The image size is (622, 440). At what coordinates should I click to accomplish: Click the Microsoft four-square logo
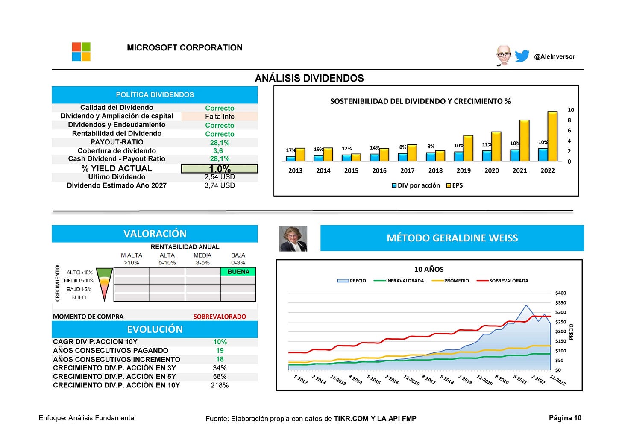pyautogui.click(x=81, y=52)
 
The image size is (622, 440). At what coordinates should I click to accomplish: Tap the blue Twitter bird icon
pyautogui.click(x=522, y=56)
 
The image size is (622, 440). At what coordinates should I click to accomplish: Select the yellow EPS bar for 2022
pyautogui.click(x=552, y=136)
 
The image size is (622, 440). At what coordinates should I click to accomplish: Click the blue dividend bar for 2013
pyautogui.click(x=290, y=158)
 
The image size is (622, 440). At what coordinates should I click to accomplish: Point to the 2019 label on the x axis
pyautogui.click(x=464, y=170)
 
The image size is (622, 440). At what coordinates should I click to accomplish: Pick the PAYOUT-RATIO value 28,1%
pyautogui.click(x=220, y=143)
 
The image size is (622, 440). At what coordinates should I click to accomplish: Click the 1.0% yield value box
pyautogui.click(x=220, y=169)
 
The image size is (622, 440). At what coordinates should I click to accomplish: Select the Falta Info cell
pyautogui.click(x=220, y=117)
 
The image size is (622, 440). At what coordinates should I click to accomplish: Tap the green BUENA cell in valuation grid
pyautogui.click(x=238, y=272)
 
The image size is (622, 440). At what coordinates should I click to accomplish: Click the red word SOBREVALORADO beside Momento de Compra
pyautogui.click(x=220, y=317)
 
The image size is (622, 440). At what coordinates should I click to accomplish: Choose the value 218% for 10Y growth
pyautogui.click(x=220, y=385)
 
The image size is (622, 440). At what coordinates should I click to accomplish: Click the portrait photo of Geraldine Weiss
pyautogui.click(x=293, y=238)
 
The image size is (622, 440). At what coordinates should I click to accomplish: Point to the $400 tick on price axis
pyautogui.click(x=560, y=293)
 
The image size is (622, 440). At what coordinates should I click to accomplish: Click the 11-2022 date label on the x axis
pyautogui.click(x=557, y=380)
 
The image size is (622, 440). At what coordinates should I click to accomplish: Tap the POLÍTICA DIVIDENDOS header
pyautogui.click(x=155, y=95)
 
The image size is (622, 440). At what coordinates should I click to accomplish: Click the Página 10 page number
pyautogui.click(x=565, y=418)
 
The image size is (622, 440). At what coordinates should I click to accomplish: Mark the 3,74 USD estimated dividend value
pyautogui.click(x=220, y=185)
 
